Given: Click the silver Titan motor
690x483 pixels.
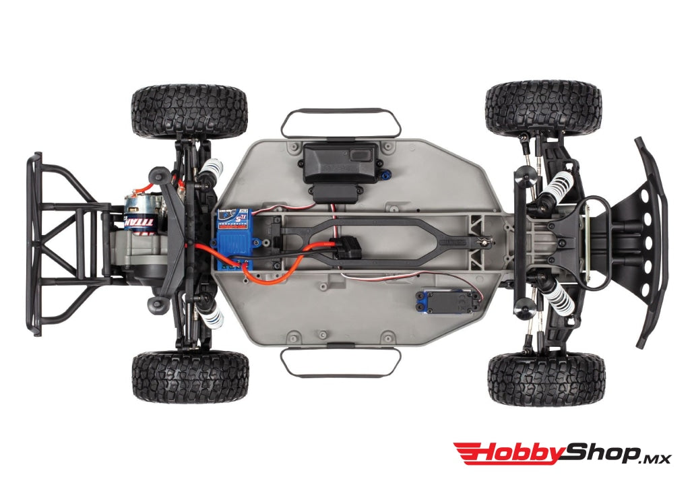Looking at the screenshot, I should click(139, 211).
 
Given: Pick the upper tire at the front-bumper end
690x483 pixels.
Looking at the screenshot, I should click(542, 108).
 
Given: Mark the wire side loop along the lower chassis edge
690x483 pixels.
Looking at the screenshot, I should click(340, 362).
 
